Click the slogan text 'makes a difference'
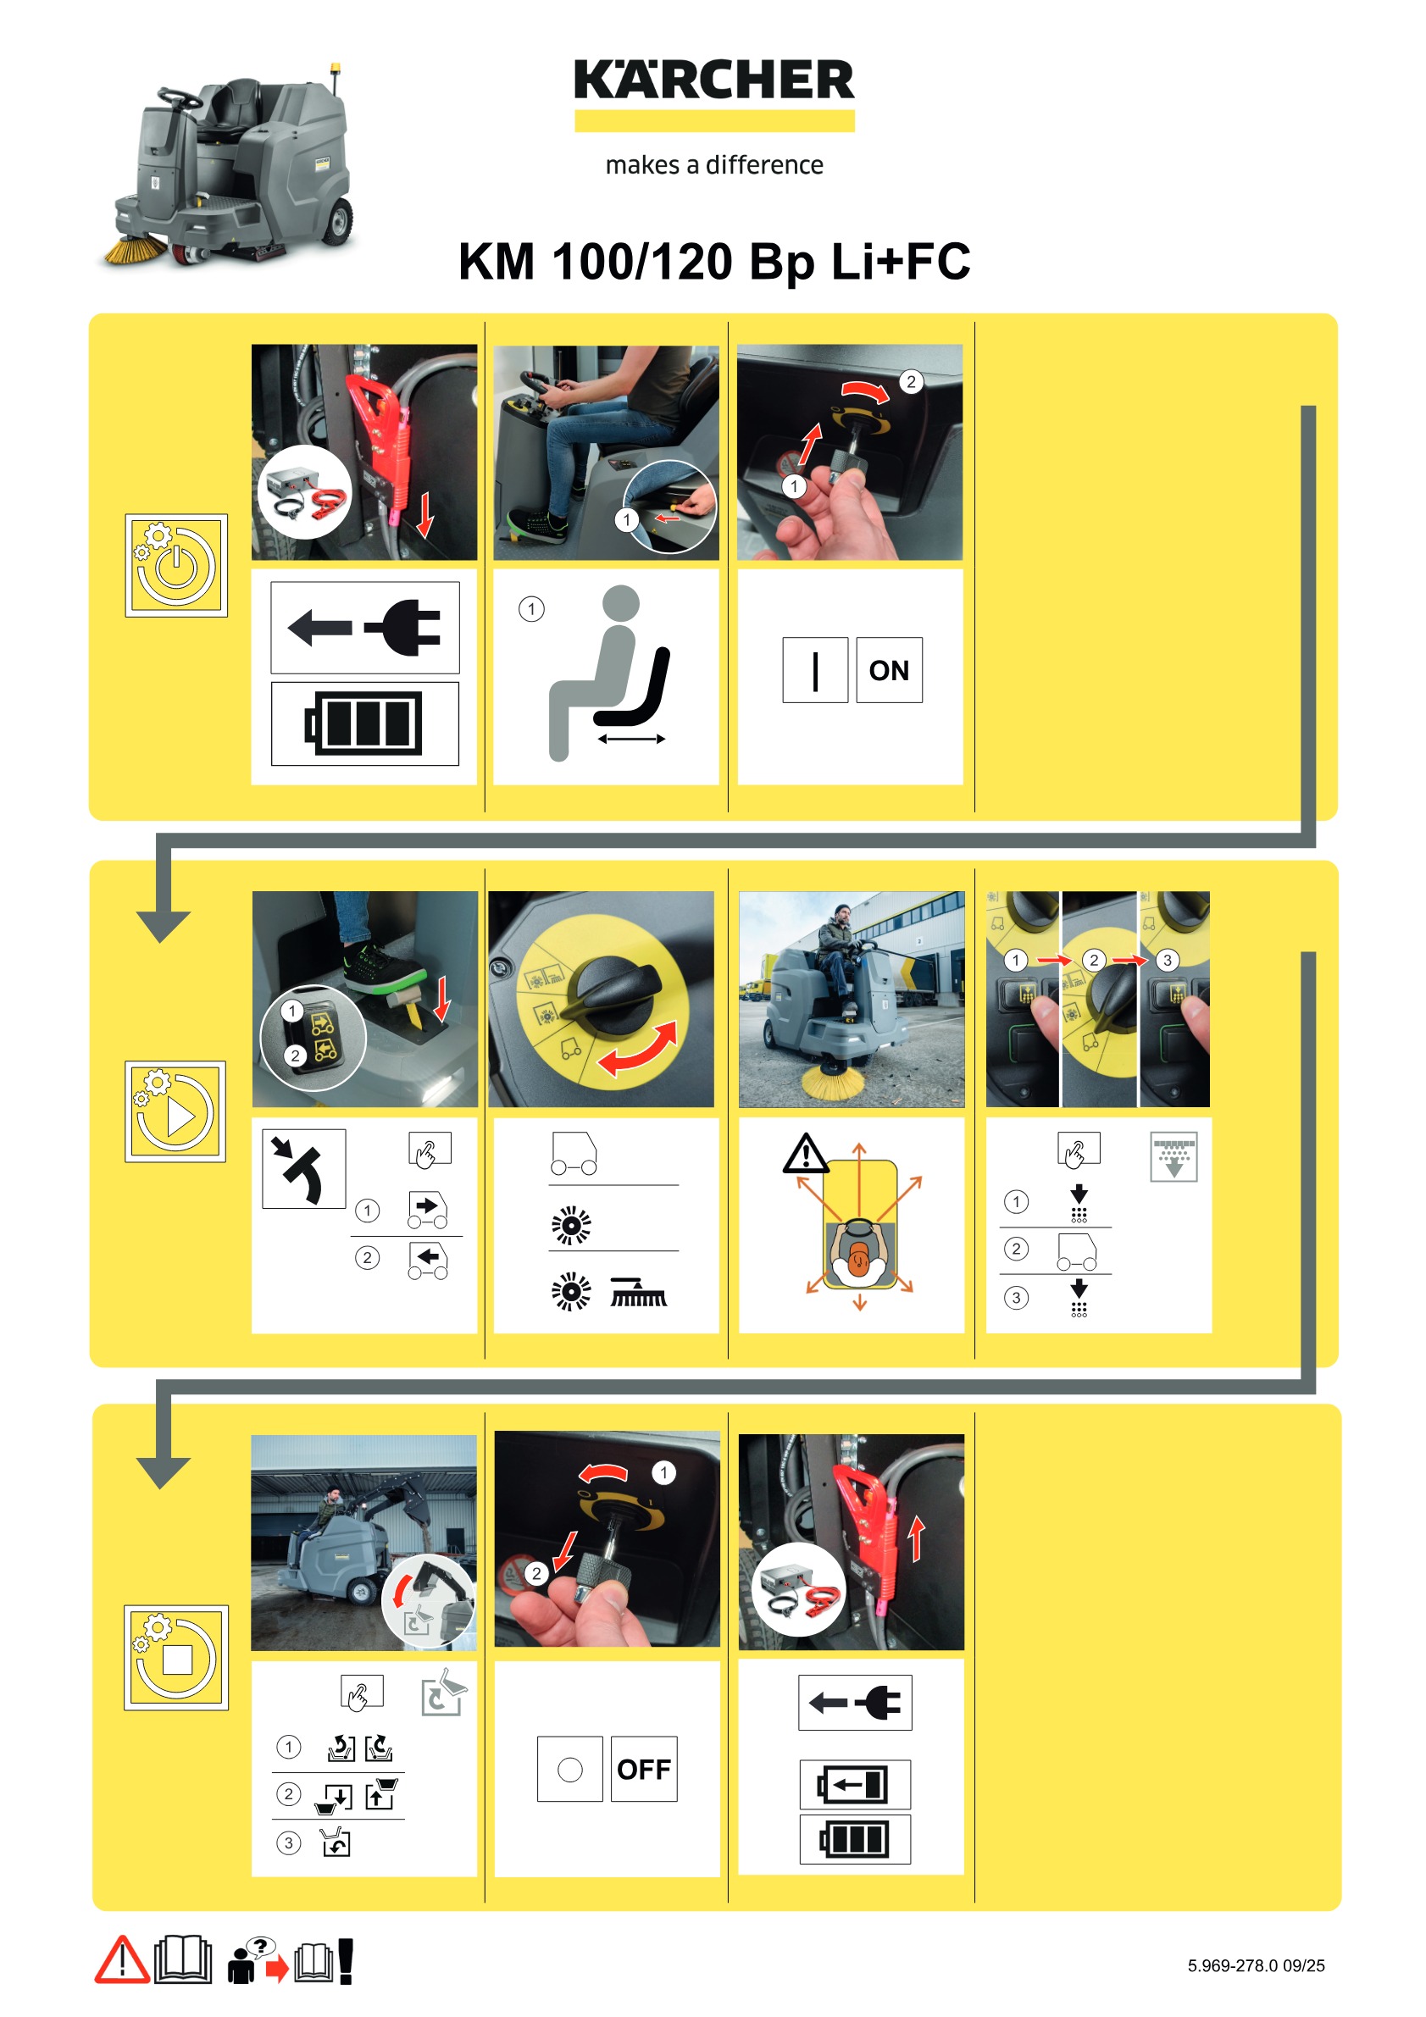click(714, 165)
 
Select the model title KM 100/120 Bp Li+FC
click(714, 261)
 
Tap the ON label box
click(889, 670)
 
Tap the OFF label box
click(644, 1770)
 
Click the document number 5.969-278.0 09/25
click(1256, 1966)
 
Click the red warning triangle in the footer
click(122, 1961)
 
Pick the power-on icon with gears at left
click(175, 565)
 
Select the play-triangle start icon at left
click(175, 1111)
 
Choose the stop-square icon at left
click(175, 1658)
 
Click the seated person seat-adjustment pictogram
click(611, 672)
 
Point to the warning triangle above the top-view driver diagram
click(805, 1154)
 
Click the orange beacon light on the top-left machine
click(335, 68)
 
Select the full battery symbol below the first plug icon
click(363, 724)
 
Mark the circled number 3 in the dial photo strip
click(1168, 960)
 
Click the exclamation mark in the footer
click(347, 1961)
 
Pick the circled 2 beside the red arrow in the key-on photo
click(911, 381)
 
